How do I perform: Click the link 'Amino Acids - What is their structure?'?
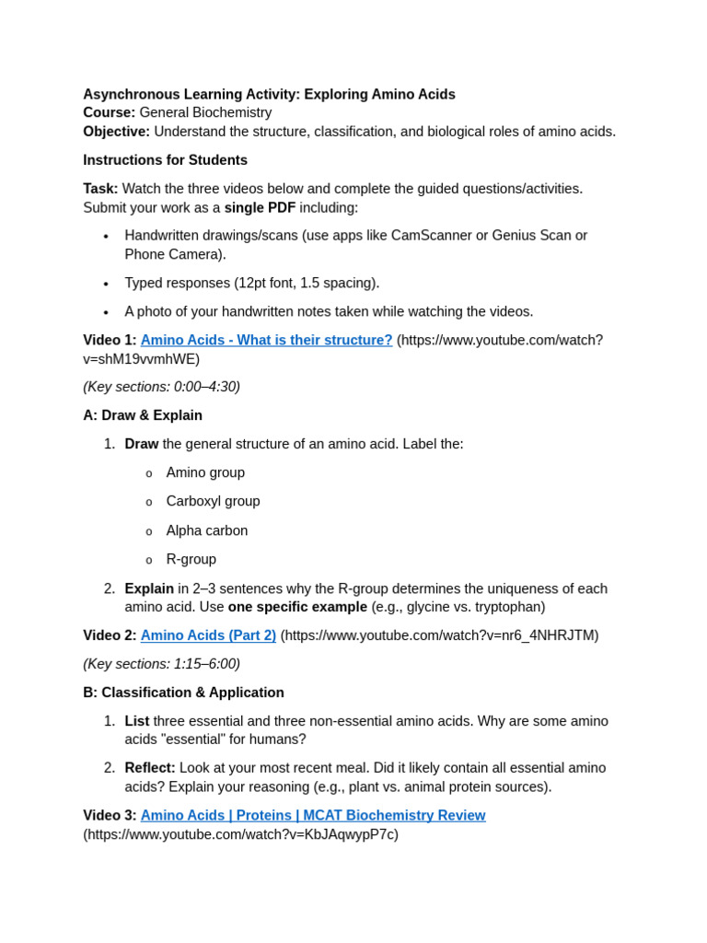(266, 340)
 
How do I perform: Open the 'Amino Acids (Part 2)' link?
(208, 635)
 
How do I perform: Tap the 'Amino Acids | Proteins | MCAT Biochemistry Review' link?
(313, 815)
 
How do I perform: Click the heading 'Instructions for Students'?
(165, 160)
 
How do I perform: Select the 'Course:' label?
(109, 112)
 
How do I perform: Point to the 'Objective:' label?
(116, 132)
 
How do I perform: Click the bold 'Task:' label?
(100, 189)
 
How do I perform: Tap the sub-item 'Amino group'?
(205, 472)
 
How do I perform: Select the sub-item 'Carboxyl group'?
(213, 501)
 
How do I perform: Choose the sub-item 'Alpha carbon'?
(207, 530)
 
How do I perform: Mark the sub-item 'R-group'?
(191, 559)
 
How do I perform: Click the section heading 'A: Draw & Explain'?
(143, 415)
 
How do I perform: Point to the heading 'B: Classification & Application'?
(183, 693)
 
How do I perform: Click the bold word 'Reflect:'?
(150, 767)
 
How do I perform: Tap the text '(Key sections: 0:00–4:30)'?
(161, 387)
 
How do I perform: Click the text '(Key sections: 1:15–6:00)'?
(161, 664)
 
